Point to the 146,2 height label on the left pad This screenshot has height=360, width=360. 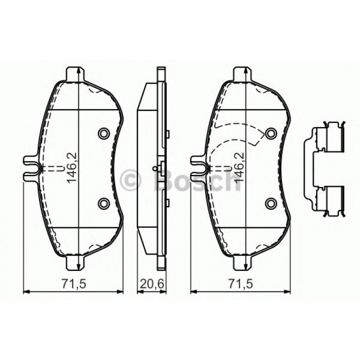point(72,168)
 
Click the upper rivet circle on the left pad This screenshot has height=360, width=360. point(104,133)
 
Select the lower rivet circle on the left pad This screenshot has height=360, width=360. point(104,204)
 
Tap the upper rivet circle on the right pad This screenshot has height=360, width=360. point(271,133)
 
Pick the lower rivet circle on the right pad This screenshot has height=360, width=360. point(271,204)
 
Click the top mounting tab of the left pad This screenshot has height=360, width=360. point(75,73)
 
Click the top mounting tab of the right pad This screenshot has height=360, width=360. point(242,73)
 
